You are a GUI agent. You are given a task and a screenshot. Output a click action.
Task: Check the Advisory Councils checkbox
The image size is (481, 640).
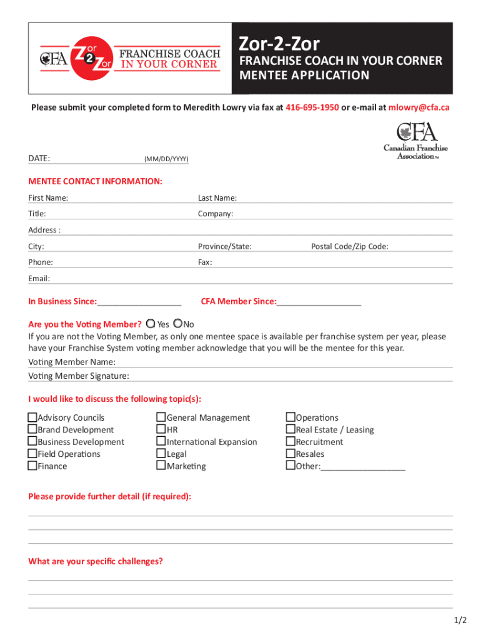[x=32, y=417]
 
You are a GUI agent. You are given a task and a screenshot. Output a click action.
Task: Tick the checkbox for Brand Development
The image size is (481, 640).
[x=32, y=429]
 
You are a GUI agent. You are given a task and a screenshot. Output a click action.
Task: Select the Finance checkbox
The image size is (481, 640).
[x=32, y=466]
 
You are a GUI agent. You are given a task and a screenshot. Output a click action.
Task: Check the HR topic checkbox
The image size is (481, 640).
[x=161, y=429]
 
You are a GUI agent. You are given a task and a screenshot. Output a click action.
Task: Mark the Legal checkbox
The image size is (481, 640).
[x=161, y=454]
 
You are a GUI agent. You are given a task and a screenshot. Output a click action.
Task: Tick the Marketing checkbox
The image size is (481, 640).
[x=161, y=466]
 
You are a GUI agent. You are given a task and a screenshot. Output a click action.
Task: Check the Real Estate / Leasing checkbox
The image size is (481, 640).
[x=290, y=429]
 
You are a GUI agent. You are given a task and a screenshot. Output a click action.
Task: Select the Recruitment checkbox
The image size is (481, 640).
[x=290, y=442]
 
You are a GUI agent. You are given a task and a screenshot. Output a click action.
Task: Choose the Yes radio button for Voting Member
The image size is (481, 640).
[x=151, y=324]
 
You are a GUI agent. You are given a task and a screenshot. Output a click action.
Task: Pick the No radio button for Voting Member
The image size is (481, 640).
[x=178, y=324]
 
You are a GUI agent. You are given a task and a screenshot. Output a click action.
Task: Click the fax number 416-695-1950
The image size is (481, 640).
[x=312, y=107]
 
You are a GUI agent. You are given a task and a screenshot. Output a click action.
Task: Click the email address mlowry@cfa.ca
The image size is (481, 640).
[x=419, y=107]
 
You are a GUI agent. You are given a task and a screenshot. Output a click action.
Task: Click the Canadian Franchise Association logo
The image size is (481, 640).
[x=415, y=141]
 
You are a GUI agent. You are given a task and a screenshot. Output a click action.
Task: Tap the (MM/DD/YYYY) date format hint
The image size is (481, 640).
[x=166, y=160]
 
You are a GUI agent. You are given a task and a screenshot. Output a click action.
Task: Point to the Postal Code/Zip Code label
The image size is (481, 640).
[x=350, y=246]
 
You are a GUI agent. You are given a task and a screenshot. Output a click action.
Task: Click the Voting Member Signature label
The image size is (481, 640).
[x=79, y=376]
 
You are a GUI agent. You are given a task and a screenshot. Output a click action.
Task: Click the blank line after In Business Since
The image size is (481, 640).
[x=139, y=302]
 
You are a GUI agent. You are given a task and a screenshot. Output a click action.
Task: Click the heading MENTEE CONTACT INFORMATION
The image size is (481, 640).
[x=95, y=181]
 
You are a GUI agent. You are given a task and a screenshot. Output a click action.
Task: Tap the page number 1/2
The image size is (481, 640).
[x=460, y=621]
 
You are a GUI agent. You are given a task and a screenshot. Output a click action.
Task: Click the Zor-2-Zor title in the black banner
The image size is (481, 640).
[x=280, y=44]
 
